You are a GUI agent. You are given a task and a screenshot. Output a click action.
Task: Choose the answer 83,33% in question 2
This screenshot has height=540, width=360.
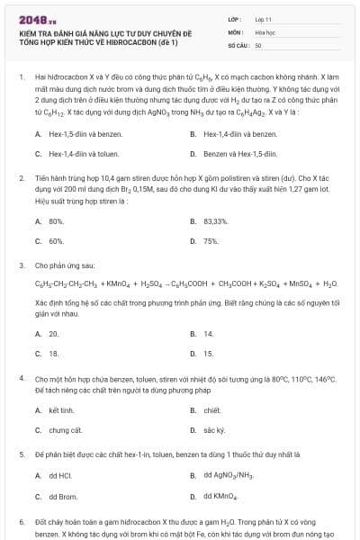click(215, 220)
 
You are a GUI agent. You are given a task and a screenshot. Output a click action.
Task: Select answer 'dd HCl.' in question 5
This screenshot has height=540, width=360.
click(59, 475)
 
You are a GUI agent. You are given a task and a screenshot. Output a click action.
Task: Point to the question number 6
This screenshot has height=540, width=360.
click(21, 522)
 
